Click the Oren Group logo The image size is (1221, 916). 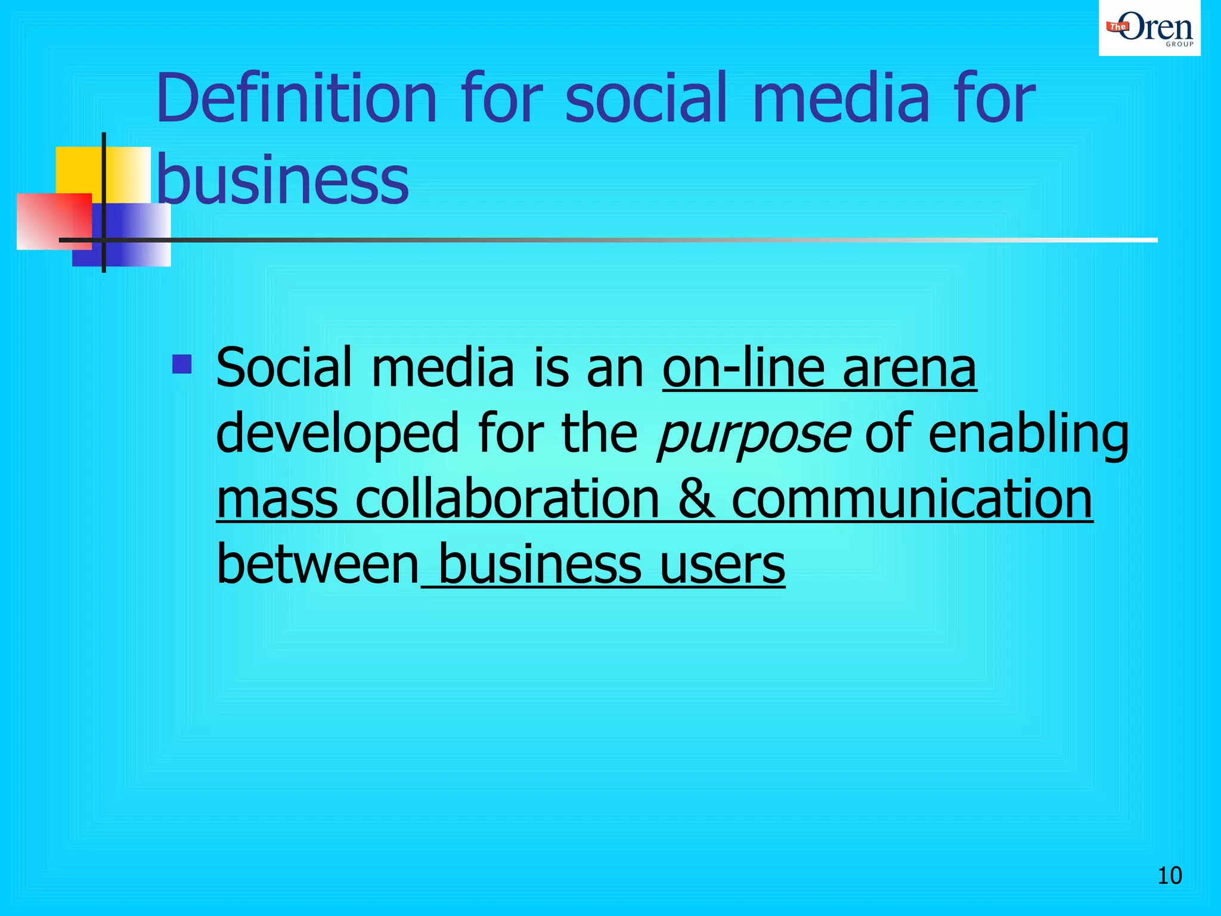coord(1149,28)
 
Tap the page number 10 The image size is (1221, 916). coord(1169,875)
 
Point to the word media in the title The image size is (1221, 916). coord(841,98)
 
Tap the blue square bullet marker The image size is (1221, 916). coord(182,364)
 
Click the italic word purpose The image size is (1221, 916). coord(753,434)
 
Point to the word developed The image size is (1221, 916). coord(337,434)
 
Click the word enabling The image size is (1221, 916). coord(1028,434)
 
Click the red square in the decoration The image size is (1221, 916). coord(54,221)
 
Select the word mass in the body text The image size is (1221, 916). coord(277,500)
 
